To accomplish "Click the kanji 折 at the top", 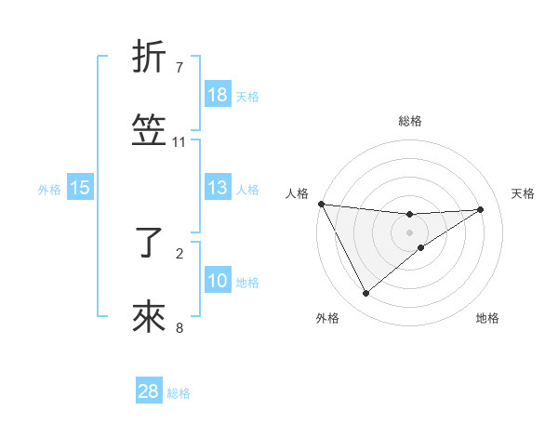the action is (150, 57).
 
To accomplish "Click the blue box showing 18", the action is (218, 95).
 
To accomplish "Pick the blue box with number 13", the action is (218, 188).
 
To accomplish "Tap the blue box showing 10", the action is (218, 281).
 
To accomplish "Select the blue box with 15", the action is (80, 188).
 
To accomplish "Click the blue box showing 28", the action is (149, 391).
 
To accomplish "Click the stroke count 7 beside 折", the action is (179, 67).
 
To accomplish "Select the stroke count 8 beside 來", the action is (179, 327).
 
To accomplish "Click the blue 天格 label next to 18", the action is (247, 96).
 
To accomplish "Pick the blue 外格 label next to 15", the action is (49, 189).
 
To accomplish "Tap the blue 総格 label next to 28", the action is (179, 392).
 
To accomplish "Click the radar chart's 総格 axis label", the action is (410, 121).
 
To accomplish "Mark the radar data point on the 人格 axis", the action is (321, 204).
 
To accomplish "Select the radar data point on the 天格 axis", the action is (481, 209).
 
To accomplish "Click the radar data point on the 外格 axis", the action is (365, 294).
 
